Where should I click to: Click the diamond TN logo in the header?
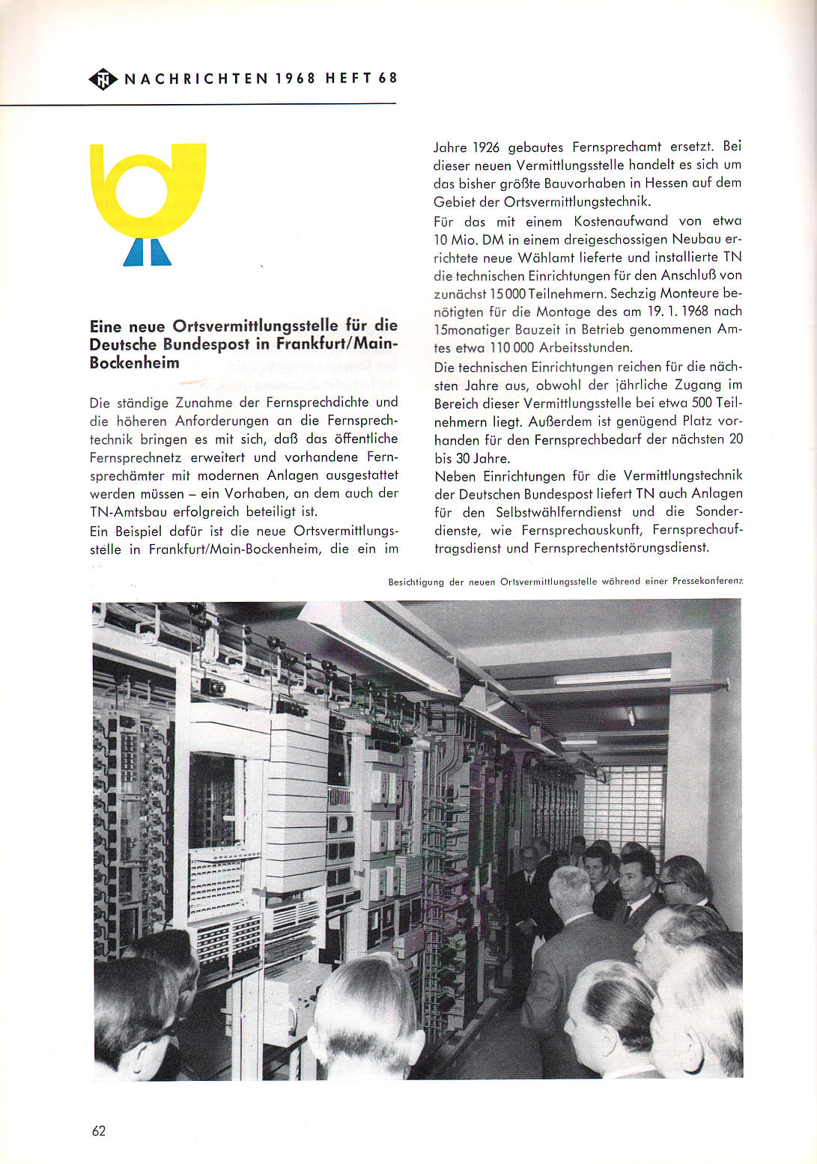point(103,79)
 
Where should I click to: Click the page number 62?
point(99,1130)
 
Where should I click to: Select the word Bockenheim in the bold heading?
point(135,363)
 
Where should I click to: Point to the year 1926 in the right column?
point(486,147)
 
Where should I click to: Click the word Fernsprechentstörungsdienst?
point(622,548)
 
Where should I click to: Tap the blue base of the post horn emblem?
point(148,252)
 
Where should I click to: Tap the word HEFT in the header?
point(348,79)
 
